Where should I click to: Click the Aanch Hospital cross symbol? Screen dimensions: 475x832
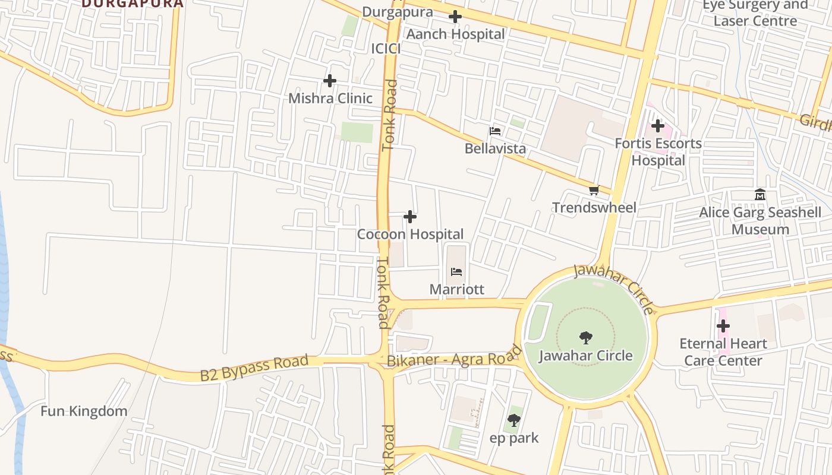(455, 17)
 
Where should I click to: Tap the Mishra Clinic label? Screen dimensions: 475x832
(330, 98)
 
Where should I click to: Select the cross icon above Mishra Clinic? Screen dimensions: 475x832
(330, 80)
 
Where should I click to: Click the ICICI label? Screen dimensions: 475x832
(386, 49)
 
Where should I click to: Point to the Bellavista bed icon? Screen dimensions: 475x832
(495, 131)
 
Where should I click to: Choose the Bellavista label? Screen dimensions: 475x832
(495, 148)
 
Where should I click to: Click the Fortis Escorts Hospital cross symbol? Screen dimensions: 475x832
(658, 126)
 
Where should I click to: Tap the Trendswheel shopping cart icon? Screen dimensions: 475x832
(594, 190)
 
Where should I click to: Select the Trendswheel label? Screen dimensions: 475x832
(594, 207)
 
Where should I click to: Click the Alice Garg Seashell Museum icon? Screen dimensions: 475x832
(760, 195)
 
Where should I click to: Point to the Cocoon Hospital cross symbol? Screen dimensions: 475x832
(410, 217)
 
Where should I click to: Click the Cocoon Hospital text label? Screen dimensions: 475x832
(410, 234)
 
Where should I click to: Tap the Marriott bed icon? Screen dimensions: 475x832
(456, 272)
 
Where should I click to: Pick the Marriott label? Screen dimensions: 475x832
(457, 289)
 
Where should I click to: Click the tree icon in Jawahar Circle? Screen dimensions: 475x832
(586, 338)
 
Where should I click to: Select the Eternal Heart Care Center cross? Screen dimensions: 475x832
(723, 326)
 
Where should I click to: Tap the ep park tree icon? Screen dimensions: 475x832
(514, 420)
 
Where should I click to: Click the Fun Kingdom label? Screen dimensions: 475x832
(84, 411)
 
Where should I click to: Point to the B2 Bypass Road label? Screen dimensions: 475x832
(254, 368)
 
